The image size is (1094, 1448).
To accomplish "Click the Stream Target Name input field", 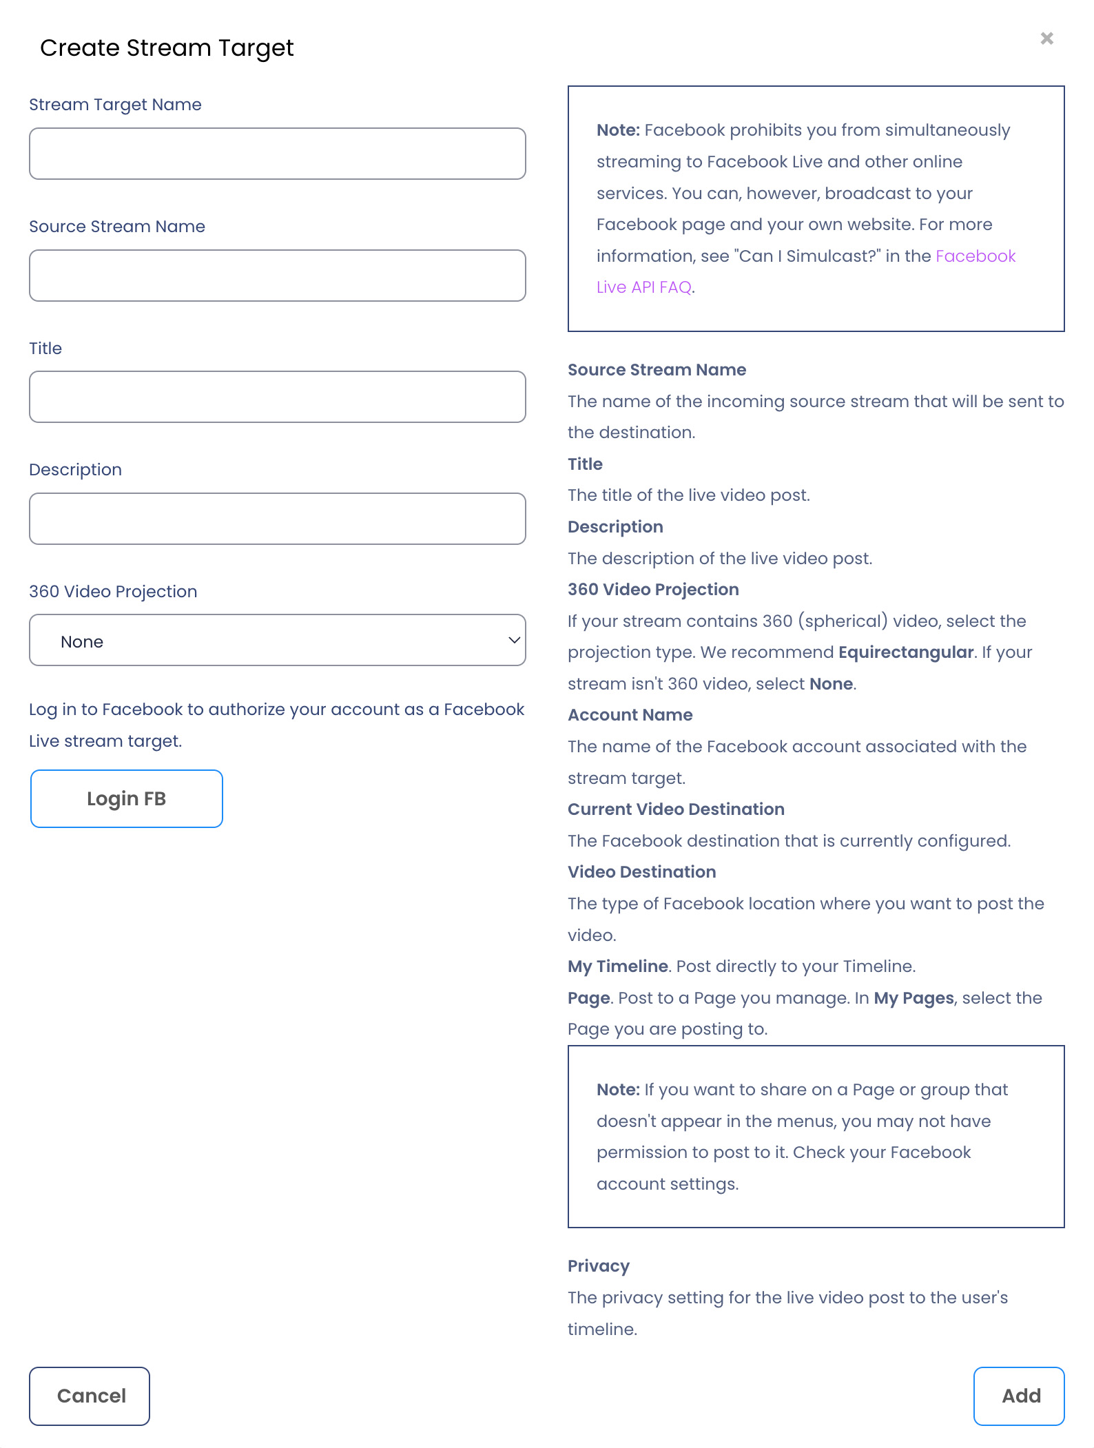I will (x=277, y=154).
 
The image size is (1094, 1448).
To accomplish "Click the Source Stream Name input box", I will (x=277, y=276).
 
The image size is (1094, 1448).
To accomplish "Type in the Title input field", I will (x=277, y=397).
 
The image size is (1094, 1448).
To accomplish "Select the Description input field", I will (x=277, y=519).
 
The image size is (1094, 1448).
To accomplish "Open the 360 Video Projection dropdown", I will (x=277, y=640).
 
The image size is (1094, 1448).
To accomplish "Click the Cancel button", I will (x=90, y=1396).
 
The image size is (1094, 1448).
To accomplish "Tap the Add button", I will (x=1018, y=1396).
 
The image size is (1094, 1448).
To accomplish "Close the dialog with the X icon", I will (x=1046, y=39).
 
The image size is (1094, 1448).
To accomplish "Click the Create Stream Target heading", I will (x=167, y=48).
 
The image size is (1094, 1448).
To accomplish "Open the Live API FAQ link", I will (x=643, y=287).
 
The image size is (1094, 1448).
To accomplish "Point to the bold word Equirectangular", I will (x=905, y=652).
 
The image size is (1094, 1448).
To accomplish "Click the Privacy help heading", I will (x=598, y=1266).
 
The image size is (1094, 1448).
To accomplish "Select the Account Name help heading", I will (x=630, y=715).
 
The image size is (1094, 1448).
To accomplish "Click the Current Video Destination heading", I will (x=675, y=809).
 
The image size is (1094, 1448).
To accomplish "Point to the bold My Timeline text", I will (x=617, y=966).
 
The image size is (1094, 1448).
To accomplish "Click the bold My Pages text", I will (x=914, y=998).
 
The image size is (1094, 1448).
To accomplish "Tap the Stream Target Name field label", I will (x=115, y=105).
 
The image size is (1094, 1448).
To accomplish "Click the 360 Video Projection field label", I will (x=113, y=592).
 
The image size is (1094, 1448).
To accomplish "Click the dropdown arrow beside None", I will (x=514, y=640).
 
